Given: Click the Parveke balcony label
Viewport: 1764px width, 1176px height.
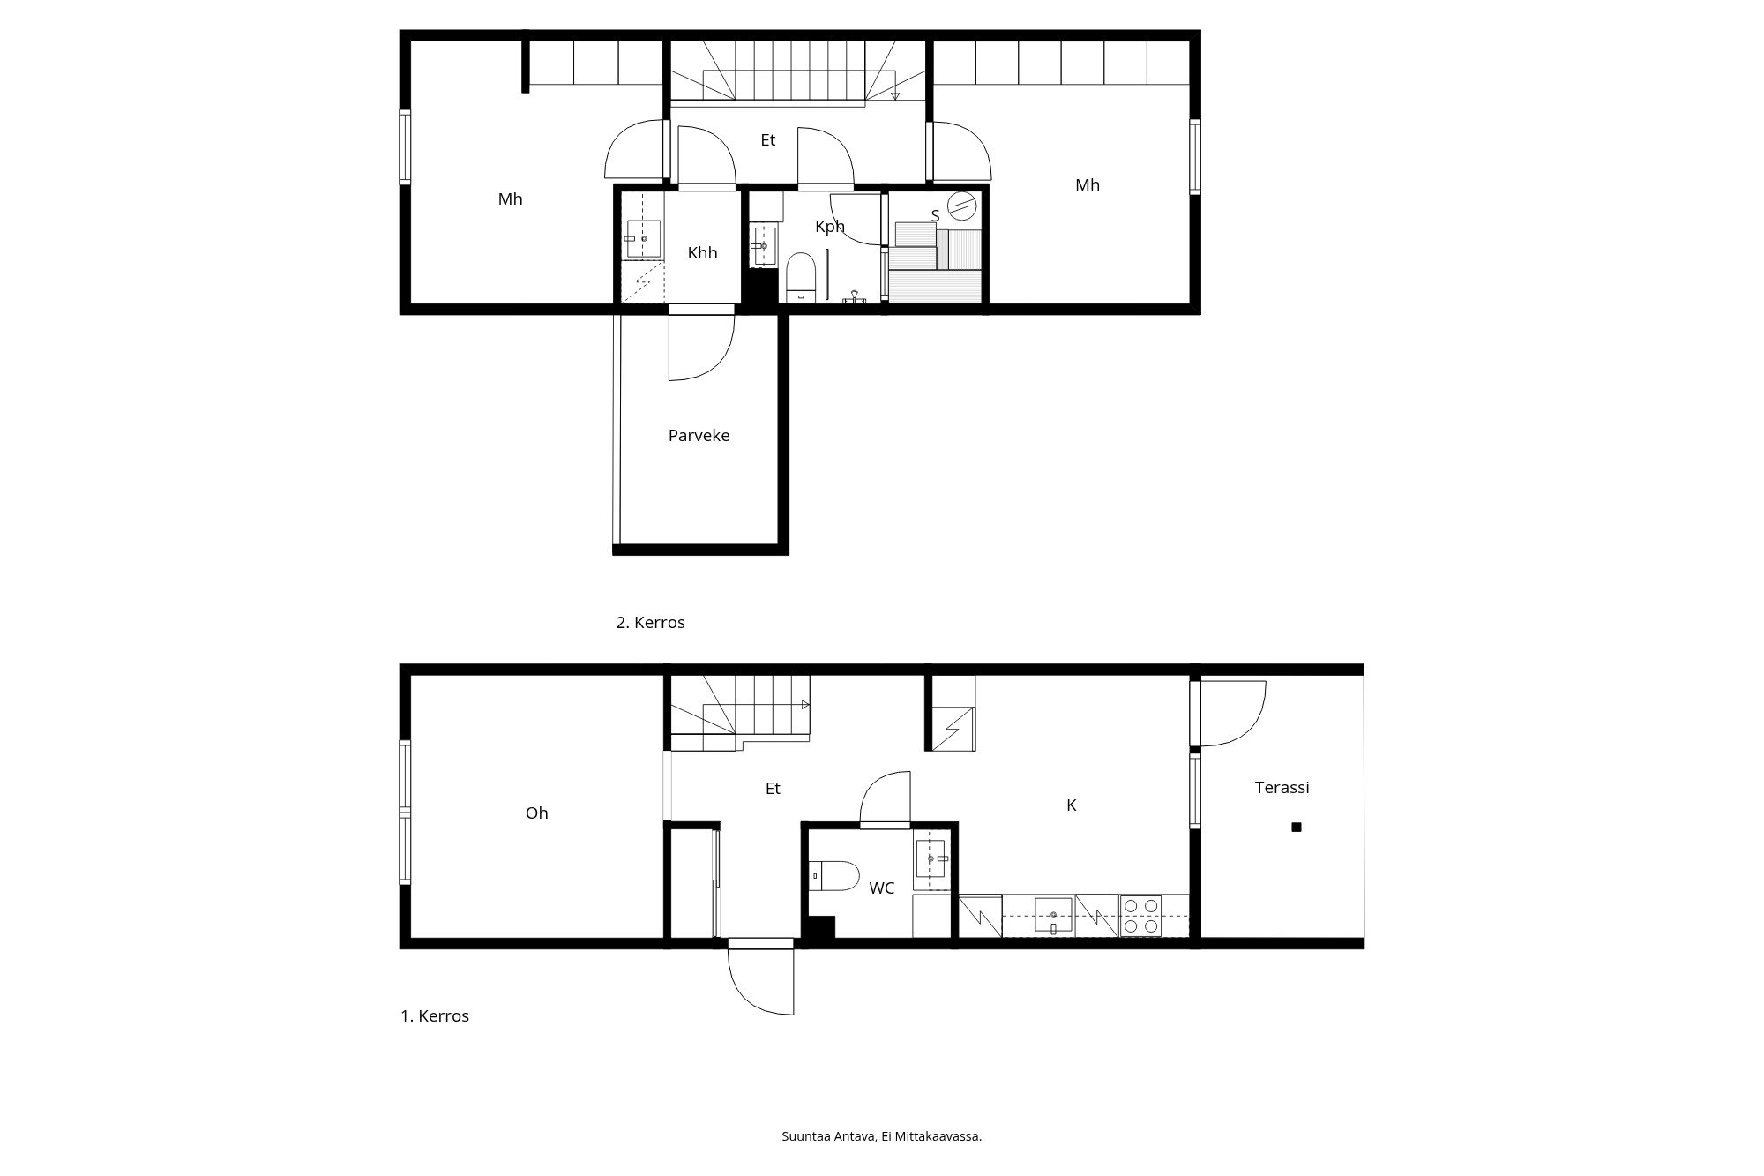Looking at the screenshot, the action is click(699, 436).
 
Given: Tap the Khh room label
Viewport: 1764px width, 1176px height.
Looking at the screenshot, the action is click(702, 253).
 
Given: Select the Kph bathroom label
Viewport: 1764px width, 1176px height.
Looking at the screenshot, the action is click(830, 227).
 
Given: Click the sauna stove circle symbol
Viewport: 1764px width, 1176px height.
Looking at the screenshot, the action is click(961, 206).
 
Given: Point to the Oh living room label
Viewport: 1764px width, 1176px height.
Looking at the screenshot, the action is click(536, 813).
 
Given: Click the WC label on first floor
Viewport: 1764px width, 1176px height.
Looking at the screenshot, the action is click(881, 888).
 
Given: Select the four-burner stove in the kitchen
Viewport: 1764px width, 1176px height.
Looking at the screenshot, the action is click(1140, 916).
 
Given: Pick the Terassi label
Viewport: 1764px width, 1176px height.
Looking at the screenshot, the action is click(1282, 788).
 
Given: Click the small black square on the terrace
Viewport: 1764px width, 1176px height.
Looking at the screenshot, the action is click(1297, 828).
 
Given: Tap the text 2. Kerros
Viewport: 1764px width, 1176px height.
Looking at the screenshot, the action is click(650, 623).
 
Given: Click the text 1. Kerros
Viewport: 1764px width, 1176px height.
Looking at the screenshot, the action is click(435, 1016).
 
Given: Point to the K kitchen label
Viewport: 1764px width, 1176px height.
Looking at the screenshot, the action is click(1072, 805).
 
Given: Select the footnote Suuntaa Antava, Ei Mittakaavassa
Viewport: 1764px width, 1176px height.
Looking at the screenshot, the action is click(882, 1136).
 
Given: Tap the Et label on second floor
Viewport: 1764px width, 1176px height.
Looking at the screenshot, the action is click(767, 140).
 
